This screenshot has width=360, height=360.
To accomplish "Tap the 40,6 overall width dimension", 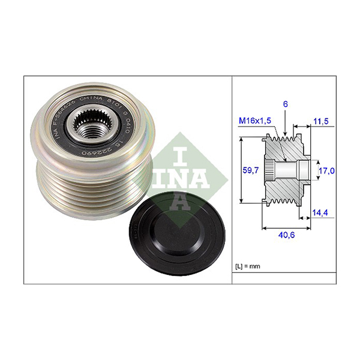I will tap(286, 236).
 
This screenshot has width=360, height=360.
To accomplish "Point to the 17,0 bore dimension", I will tap(326, 171).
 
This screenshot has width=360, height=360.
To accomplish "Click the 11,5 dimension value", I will tap(322, 121).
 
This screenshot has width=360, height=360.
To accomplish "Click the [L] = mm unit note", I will tap(248, 265).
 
